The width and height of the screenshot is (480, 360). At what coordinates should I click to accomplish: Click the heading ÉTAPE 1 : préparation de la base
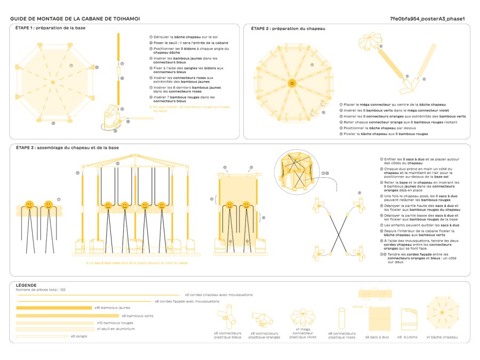(50, 28)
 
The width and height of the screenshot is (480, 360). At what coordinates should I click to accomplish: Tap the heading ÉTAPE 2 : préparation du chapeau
(288, 28)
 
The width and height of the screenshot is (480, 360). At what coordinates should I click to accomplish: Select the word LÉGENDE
(26, 285)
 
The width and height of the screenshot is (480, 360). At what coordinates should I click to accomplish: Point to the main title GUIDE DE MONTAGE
(75, 19)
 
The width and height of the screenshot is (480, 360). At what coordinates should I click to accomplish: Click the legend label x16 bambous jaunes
(113, 308)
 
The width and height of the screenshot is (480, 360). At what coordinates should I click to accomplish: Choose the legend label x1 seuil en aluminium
(116, 329)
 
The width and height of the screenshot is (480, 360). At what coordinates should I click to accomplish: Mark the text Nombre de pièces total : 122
(41, 289)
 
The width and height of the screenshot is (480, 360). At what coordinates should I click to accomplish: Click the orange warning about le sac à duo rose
(137, 263)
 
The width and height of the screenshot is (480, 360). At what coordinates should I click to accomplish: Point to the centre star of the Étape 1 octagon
(53, 82)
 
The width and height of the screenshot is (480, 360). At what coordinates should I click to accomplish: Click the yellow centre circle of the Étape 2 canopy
(292, 83)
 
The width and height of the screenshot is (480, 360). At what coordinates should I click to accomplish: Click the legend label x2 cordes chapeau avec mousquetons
(219, 294)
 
